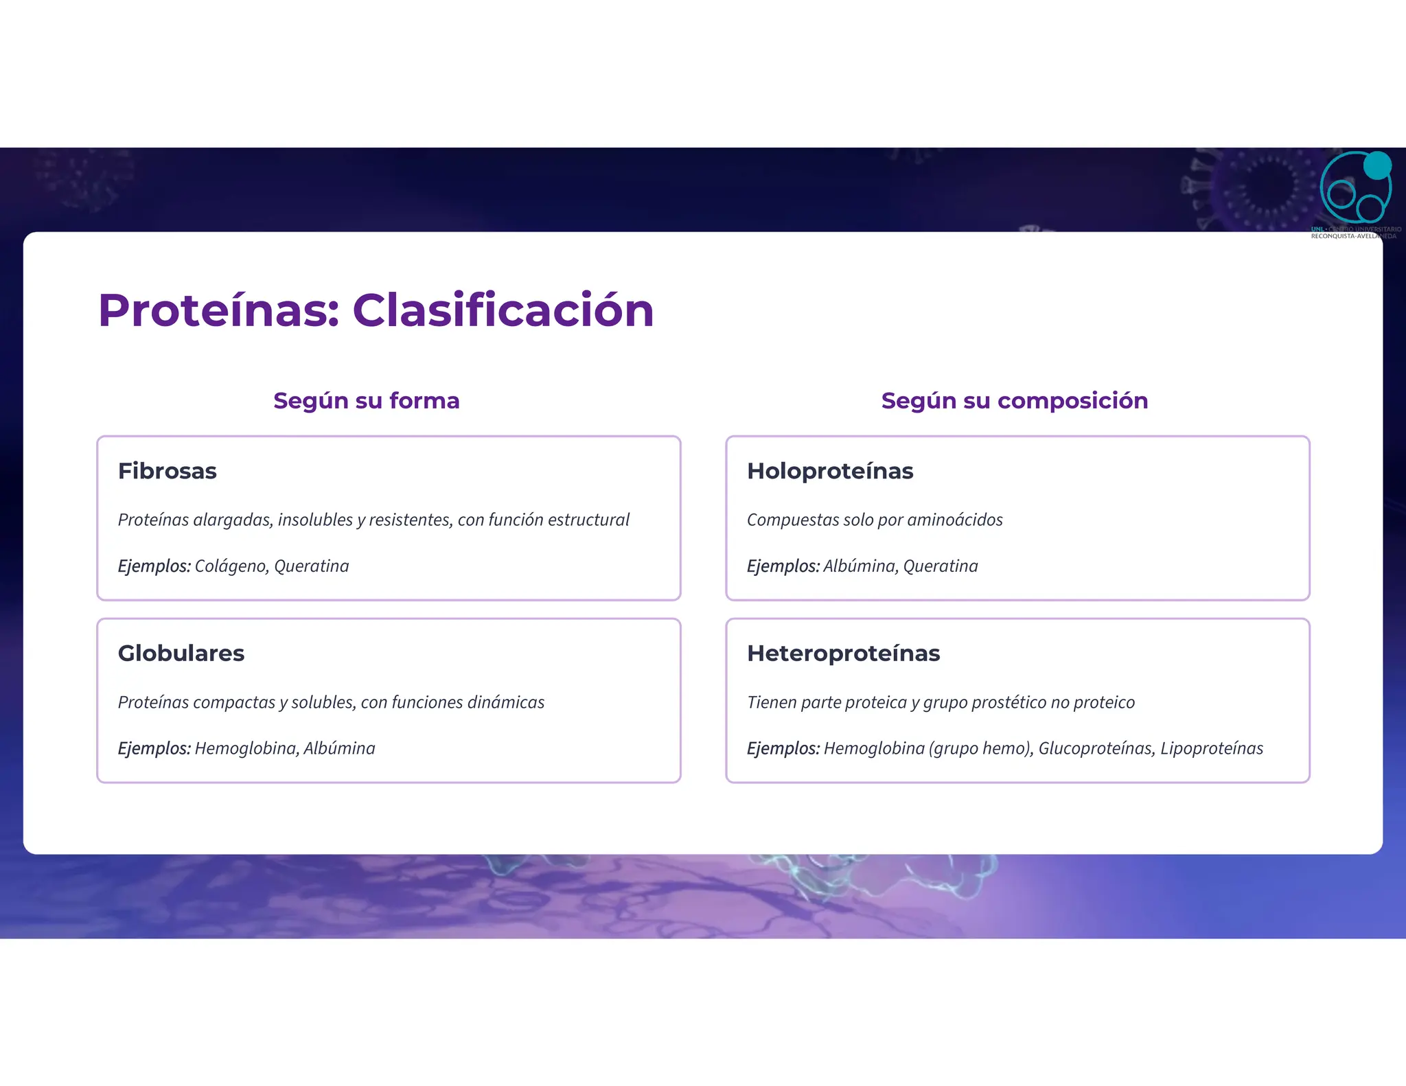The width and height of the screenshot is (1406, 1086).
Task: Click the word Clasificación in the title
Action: [x=503, y=310]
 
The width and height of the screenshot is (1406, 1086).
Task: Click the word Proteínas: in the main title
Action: [x=219, y=310]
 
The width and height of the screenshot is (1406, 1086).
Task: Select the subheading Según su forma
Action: [x=366, y=400]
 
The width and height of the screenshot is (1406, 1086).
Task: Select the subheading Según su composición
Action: [x=1014, y=400]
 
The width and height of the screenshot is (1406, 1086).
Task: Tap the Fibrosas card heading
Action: [x=167, y=471]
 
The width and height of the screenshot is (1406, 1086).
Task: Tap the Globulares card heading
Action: [x=181, y=653]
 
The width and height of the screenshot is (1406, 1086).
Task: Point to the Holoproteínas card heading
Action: [x=829, y=471]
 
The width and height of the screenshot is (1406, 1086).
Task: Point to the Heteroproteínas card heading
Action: [x=843, y=653]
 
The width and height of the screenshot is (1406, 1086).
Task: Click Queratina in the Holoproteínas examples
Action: [x=940, y=566]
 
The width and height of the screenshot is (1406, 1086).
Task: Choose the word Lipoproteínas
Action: [x=1211, y=748]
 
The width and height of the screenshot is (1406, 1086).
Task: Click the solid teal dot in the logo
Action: [x=1376, y=165]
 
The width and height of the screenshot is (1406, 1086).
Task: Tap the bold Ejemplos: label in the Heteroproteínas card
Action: [x=783, y=748]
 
